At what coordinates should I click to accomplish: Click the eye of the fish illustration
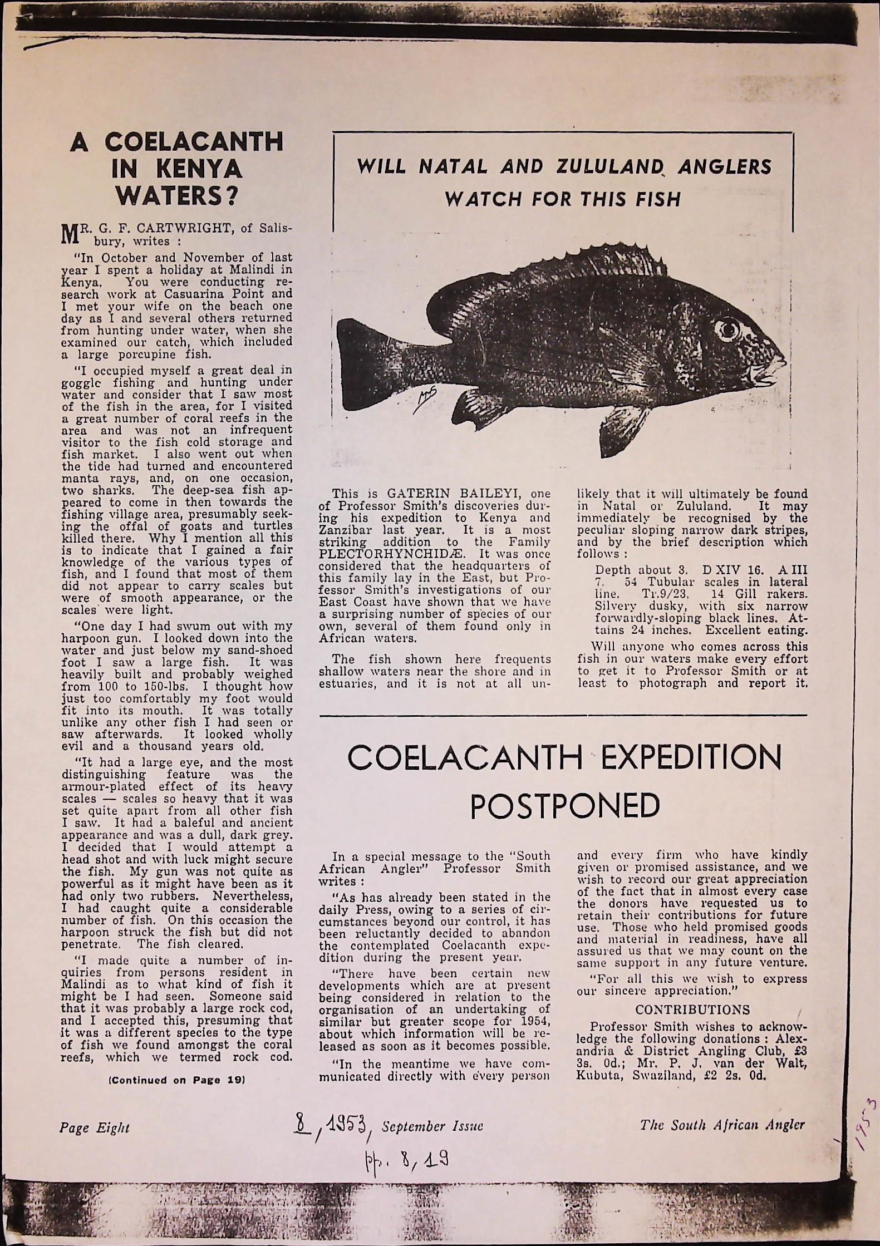(x=729, y=330)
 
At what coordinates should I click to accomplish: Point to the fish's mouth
(x=774, y=370)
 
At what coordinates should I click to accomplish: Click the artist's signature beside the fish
(x=425, y=401)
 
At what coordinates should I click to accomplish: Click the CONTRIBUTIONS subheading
(x=692, y=1009)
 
